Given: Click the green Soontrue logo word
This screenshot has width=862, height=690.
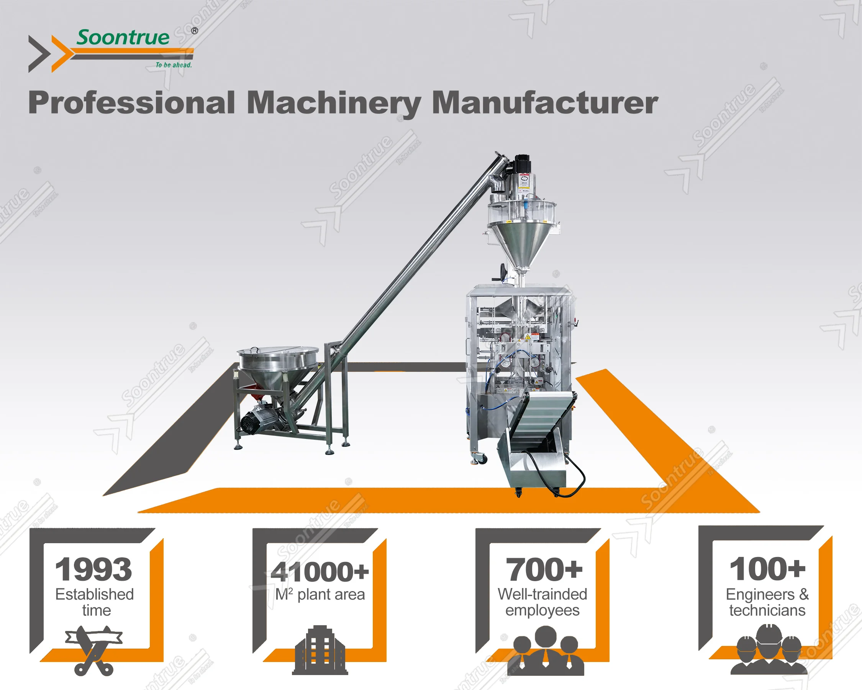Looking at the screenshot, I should [123, 38].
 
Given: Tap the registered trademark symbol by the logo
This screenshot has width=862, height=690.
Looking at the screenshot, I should [194, 31].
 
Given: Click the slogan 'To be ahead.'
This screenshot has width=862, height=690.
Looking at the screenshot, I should [174, 65].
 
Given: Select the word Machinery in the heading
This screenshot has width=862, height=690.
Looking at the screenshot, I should [333, 103].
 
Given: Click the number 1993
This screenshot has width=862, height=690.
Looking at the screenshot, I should [93, 570].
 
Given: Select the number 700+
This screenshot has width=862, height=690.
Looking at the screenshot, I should [544, 570].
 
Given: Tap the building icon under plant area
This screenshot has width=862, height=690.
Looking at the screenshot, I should [320, 651].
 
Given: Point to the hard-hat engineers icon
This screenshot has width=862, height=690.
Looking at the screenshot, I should [769, 650].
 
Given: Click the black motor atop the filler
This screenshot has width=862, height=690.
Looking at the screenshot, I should [521, 164].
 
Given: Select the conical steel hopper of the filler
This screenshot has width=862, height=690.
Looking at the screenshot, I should [520, 244].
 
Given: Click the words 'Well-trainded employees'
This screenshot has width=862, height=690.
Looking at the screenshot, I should [542, 602].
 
